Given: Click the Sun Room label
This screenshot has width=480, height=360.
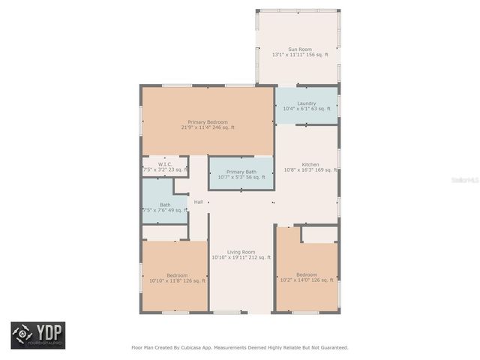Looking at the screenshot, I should coord(300,49).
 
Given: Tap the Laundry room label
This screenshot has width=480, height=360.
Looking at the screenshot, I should coord(306,103).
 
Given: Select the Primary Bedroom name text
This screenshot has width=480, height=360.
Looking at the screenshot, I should coord(208,122).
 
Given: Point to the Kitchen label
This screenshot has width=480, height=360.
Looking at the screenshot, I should coord(310,165).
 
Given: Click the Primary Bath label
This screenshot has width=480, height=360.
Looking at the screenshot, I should coord(241,172).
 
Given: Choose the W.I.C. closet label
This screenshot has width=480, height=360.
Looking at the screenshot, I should coord(166,164).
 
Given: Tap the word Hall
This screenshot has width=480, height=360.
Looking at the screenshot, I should coord(198,202).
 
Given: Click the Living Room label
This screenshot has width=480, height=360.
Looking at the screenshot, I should coord(241,252).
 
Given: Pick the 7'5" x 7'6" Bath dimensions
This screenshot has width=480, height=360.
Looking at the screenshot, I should coord(165,211).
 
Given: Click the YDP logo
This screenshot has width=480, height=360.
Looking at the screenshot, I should coord(37,334).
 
